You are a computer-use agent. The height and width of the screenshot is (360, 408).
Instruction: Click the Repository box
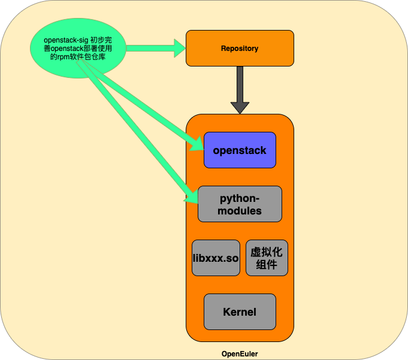[x=240, y=48]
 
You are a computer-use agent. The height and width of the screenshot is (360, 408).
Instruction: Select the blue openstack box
[x=240, y=150]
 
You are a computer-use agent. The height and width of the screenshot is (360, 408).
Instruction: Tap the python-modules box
[x=240, y=204]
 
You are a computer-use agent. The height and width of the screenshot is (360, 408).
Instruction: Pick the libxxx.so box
[x=216, y=258]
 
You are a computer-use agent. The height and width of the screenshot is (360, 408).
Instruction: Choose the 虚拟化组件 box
[x=267, y=258]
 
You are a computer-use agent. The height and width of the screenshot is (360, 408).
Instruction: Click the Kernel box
[x=240, y=311]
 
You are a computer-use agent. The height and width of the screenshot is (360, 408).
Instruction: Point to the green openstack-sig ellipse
[x=78, y=48]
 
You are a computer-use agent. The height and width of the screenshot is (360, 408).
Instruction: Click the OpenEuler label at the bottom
[x=240, y=354]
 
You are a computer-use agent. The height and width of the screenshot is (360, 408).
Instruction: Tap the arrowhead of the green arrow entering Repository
[x=180, y=48]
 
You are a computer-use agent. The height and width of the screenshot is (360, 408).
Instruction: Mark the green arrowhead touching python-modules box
[x=192, y=197]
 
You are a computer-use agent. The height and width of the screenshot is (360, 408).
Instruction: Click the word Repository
[x=240, y=49]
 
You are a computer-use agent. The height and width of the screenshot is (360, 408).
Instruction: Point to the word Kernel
[x=240, y=312]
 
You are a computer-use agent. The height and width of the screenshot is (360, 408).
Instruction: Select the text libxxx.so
[x=216, y=258]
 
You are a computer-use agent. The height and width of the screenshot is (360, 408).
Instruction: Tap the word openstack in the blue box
[x=240, y=150]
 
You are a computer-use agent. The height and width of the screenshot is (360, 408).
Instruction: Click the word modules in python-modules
[x=240, y=211]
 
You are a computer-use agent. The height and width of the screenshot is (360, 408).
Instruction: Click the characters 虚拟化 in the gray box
[x=267, y=251]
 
